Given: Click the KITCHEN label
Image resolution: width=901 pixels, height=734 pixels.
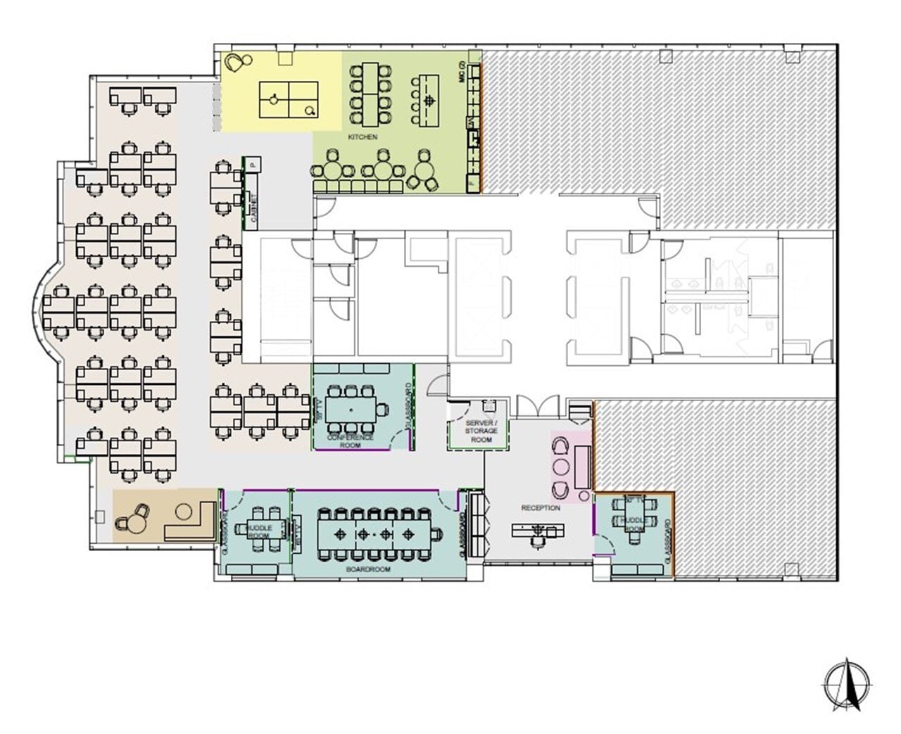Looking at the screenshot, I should coord(363,137).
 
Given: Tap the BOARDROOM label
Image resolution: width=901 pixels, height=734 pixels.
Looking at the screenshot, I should coord(368,569).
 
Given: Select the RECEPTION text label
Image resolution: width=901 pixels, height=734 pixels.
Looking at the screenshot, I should coord(541,507).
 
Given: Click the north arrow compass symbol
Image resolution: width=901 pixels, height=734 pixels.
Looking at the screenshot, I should coord(848,683).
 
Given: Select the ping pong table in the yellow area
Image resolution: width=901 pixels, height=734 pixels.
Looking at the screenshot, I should coord(289,100).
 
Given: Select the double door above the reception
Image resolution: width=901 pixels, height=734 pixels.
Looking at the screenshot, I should coord(538,408).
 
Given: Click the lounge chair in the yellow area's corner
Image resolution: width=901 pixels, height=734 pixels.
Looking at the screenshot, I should coord(236,64).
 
